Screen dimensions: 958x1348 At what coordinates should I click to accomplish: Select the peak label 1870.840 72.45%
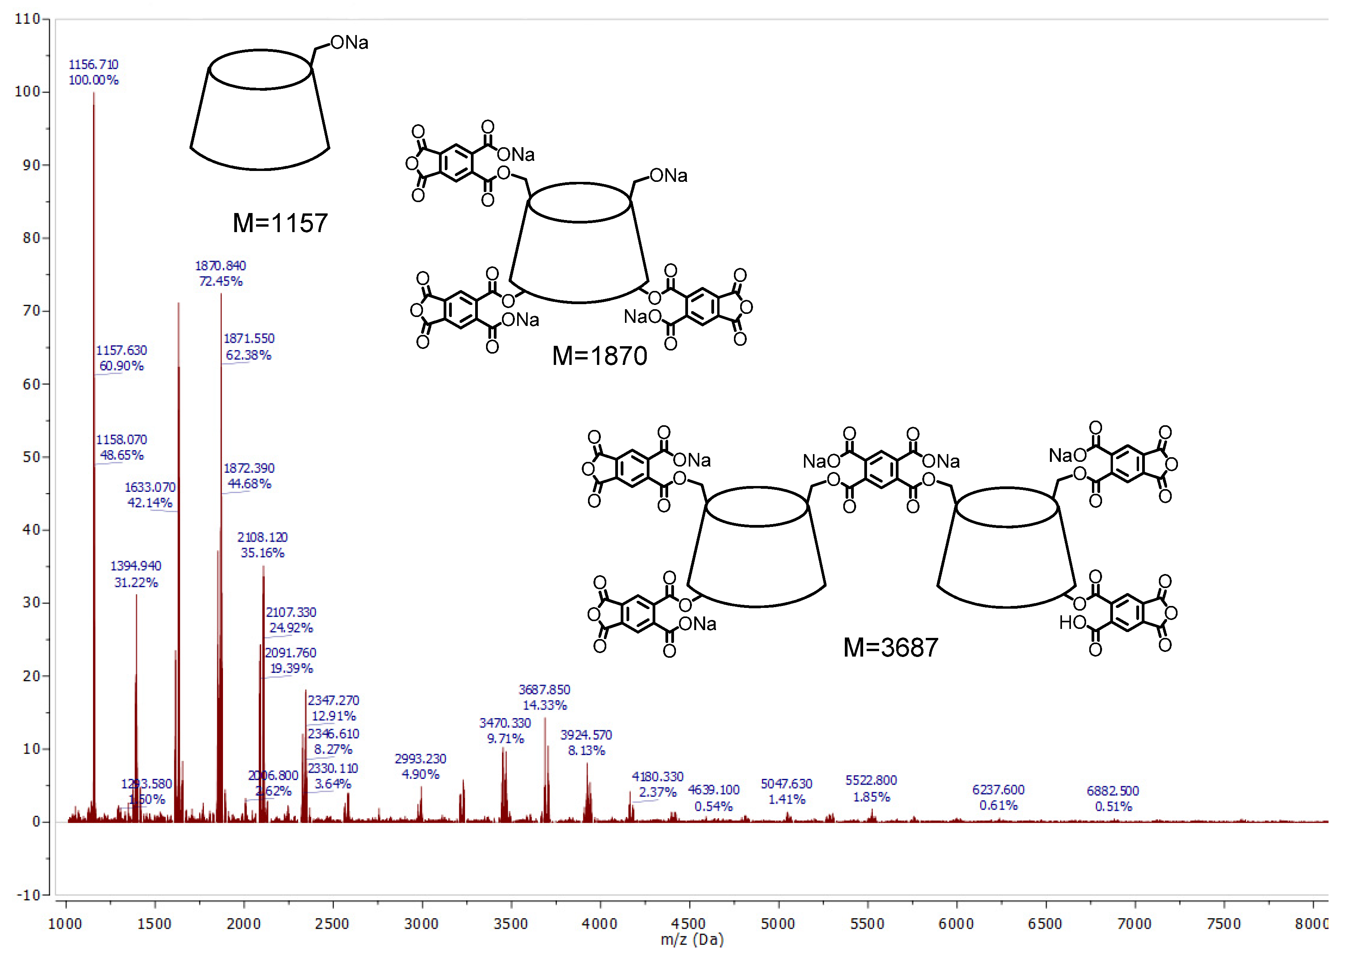pos(220,273)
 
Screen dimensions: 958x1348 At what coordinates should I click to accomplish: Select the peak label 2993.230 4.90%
pos(420,766)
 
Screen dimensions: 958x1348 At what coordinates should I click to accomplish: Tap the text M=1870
pos(599,356)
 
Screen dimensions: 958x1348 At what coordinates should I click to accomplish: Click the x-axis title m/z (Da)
pos(692,940)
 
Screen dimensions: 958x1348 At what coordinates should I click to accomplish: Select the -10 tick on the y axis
pos(27,895)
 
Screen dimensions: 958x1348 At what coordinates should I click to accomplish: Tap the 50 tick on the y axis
pos(31,457)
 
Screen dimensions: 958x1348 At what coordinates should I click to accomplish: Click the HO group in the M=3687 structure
pos(1072,622)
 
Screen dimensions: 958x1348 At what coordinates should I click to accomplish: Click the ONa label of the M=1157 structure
pos(349,42)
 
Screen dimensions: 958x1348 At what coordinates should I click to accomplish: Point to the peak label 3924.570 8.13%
pos(586,743)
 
